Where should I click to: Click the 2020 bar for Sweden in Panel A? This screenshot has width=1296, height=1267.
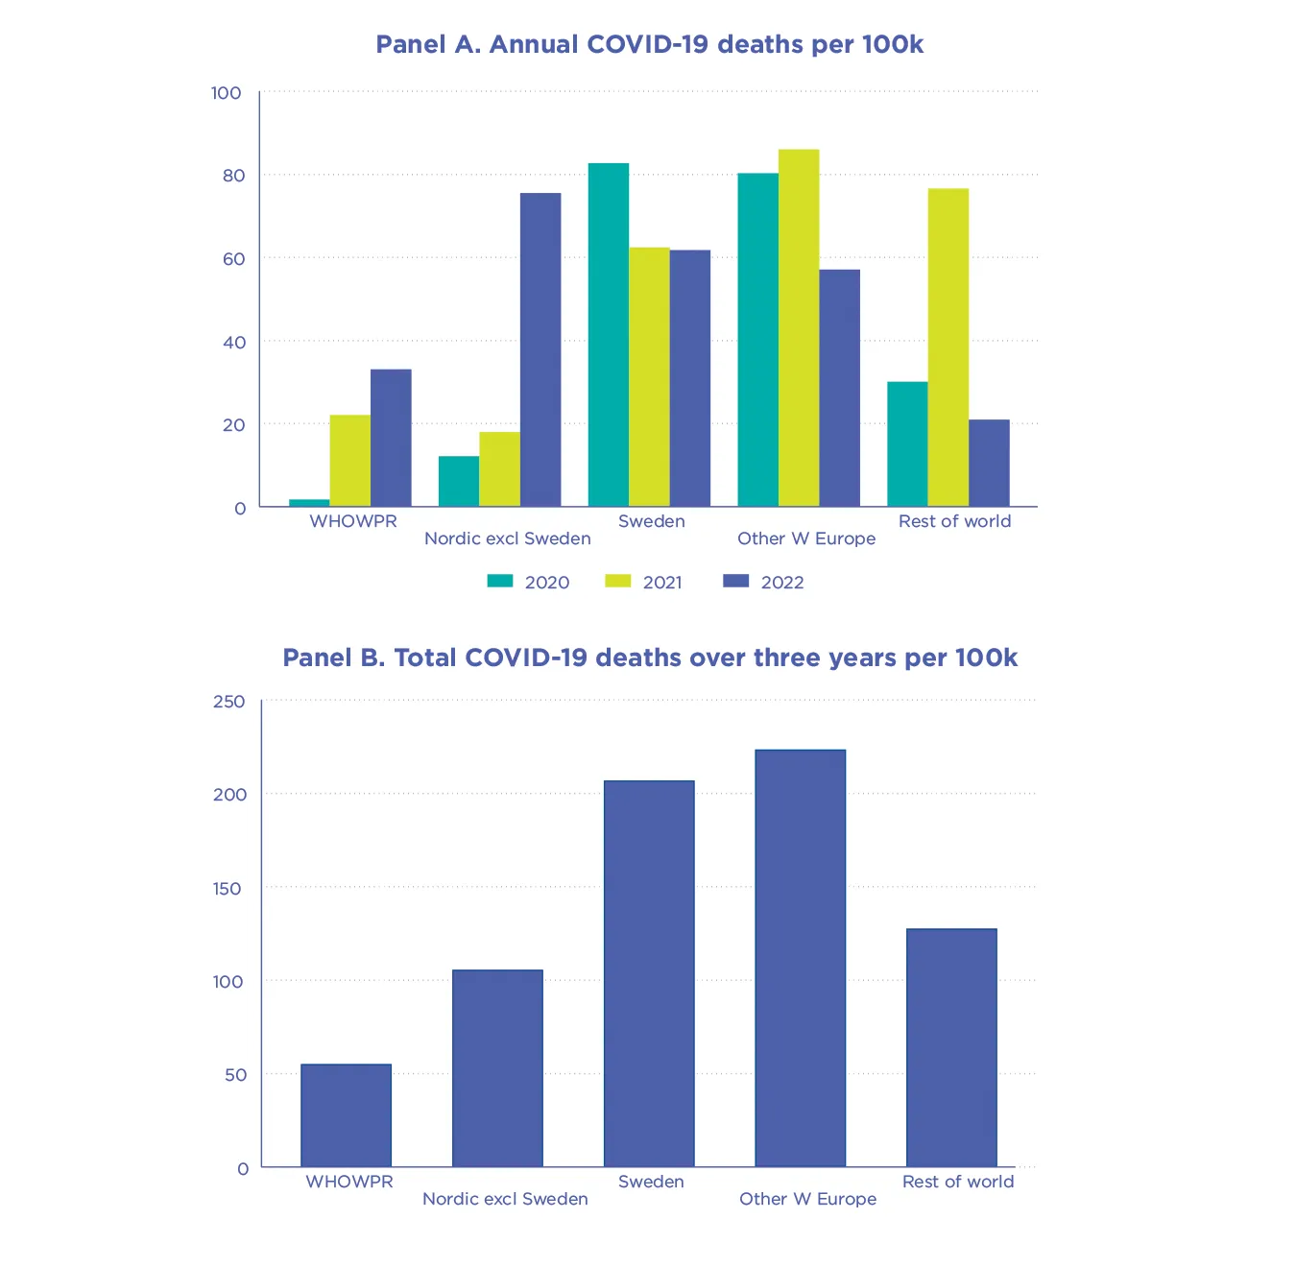pos(608,335)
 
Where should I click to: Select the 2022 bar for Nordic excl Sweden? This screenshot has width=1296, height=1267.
pos(540,349)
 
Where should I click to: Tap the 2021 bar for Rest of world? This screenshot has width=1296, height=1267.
pos(948,347)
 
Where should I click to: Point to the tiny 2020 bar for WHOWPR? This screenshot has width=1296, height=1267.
pos(309,503)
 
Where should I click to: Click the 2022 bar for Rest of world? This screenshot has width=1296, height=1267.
pos(989,463)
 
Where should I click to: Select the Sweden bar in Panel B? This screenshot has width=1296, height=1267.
pos(649,973)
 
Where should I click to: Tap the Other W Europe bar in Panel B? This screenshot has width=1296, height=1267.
pos(800,958)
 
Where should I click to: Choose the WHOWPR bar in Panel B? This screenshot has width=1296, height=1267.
pos(346,1115)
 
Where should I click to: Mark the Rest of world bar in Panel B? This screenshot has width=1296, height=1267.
pos(951,1047)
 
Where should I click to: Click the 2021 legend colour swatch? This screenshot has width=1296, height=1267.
pos(617,581)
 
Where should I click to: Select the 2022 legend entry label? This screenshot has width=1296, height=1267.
pos(782,583)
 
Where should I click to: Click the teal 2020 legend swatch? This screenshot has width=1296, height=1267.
pos(500,581)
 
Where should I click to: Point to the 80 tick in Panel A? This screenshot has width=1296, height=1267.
pos(233,176)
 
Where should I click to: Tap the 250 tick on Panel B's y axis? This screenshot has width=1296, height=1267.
pos(229,702)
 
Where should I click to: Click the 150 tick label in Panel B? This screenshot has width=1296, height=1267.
pos(228,889)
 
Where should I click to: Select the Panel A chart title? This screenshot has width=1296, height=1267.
pos(649,45)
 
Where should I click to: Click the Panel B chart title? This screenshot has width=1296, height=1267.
pos(649,658)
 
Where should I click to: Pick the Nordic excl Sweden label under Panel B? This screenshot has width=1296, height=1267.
pos(505,1199)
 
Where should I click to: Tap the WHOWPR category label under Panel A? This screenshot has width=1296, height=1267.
pos(352,521)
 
